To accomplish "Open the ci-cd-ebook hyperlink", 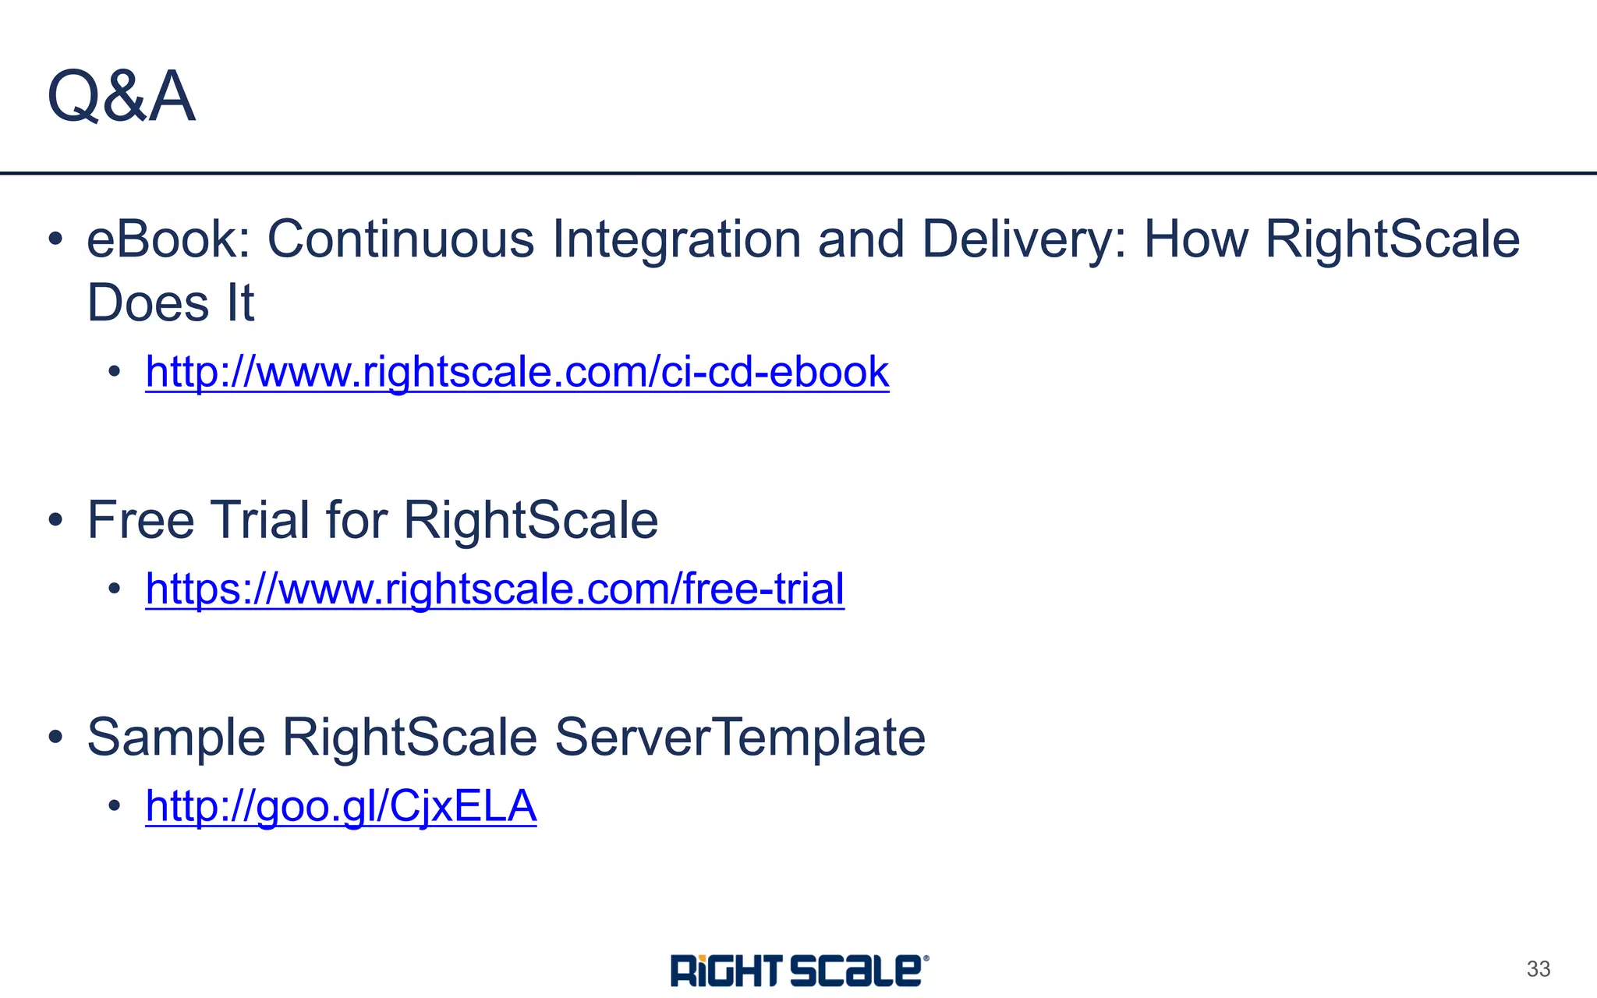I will pos(517,371).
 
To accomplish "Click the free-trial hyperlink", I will pos(494,588).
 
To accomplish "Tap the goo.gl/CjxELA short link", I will pos(341,805).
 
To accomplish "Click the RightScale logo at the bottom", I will pos(799,970).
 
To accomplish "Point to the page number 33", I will pos(1538,969).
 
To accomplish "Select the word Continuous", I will pos(401,239).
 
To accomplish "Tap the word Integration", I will pos(676,240).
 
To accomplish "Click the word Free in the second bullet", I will pos(140,520).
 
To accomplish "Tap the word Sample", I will pos(176,738).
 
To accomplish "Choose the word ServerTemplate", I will pos(740,738).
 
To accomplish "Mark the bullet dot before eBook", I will pos(55,239).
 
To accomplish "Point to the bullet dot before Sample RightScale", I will pos(55,737).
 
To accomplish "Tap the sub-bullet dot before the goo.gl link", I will pos(115,805).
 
